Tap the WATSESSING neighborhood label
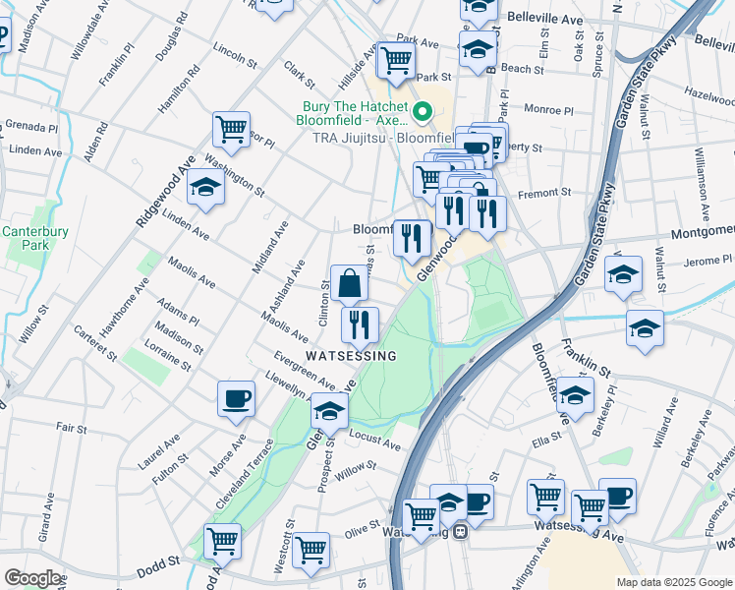pos(351,355)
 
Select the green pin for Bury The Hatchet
pos(424,111)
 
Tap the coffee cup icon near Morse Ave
pos(236,399)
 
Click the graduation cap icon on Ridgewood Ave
pos(205,187)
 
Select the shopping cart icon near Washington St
pos(231,129)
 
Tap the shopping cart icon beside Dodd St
pos(223,541)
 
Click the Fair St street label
pos(72,429)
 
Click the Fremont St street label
pos(550,193)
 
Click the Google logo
pos(33,578)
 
